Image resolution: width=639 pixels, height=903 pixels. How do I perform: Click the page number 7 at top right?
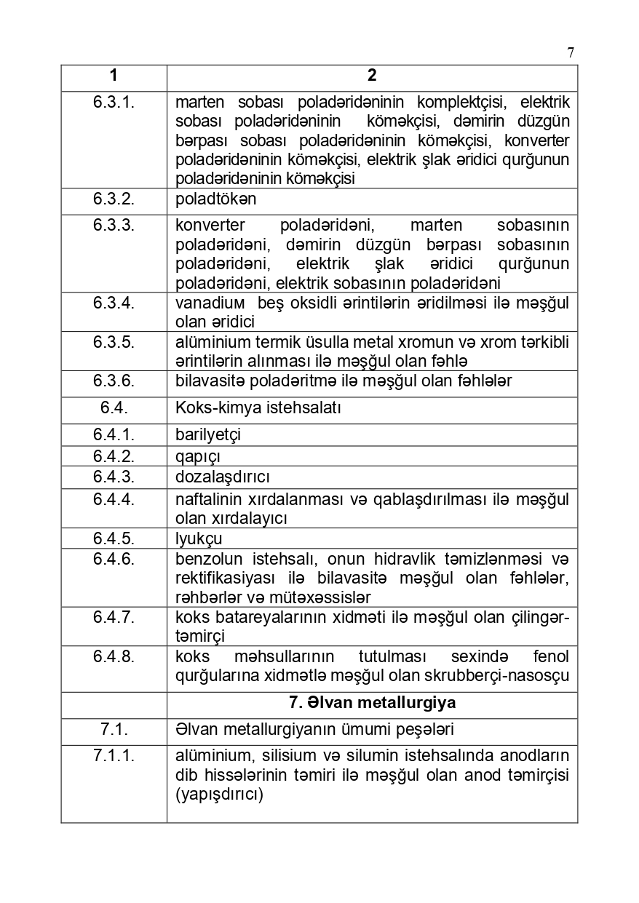tap(571, 52)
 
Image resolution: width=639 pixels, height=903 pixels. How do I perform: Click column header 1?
tap(114, 76)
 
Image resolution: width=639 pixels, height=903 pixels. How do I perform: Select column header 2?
tap(372, 76)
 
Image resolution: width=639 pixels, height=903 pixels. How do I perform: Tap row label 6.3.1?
tap(114, 103)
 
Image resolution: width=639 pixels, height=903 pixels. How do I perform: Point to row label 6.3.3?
tap(114, 226)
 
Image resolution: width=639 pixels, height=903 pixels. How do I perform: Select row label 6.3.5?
tap(114, 342)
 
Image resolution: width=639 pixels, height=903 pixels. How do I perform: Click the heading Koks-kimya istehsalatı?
tap(258, 407)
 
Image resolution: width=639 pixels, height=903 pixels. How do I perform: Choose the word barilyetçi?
tap(208, 434)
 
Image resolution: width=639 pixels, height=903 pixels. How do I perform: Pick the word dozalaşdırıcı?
tap(223, 477)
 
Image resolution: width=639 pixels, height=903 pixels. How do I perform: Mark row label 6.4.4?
tap(114, 499)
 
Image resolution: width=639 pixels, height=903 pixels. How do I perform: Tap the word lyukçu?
tap(199, 538)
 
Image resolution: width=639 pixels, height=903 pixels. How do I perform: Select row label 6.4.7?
tap(114, 617)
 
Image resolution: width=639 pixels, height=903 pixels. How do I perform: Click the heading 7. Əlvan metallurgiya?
tap(372, 703)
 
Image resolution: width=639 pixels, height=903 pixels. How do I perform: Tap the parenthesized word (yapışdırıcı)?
tap(219, 794)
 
